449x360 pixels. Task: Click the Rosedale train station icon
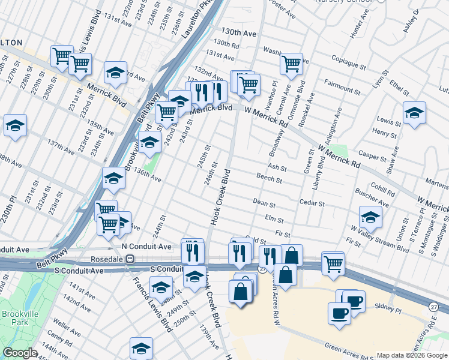pos(129,259)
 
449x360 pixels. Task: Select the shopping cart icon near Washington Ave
pos(291,64)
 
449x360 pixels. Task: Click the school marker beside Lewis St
pos(414,113)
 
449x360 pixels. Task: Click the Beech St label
pos(269,179)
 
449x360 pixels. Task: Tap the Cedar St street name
pos(312,203)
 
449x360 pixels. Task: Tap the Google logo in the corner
pos(20,353)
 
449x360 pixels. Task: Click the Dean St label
pos(264,203)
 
